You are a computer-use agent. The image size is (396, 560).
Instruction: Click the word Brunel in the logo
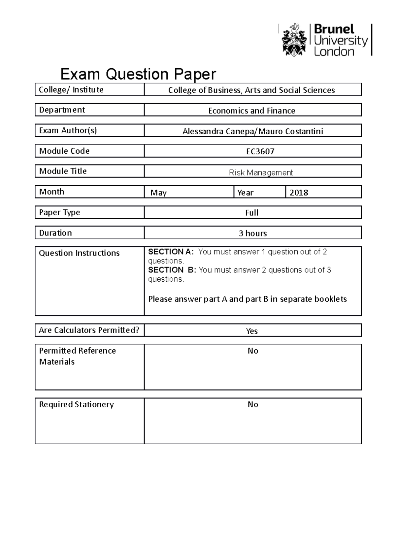click(x=334, y=29)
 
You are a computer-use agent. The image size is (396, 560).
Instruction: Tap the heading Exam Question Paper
click(x=138, y=74)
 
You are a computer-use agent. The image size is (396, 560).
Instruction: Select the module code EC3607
click(x=260, y=151)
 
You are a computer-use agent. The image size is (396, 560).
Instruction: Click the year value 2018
click(x=299, y=193)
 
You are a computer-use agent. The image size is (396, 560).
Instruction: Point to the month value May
click(x=158, y=193)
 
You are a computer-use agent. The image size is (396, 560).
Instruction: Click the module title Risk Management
click(x=261, y=172)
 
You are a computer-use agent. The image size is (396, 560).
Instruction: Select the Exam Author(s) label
click(x=68, y=131)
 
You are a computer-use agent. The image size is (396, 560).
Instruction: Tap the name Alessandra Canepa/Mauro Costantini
click(x=253, y=131)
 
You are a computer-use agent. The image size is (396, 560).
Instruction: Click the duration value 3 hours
click(x=253, y=233)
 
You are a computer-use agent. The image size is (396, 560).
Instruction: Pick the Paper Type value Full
click(x=252, y=213)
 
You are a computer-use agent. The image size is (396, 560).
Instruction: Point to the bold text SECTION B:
click(x=172, y=270)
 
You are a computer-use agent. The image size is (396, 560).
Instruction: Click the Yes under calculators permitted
click(x=252, y=331)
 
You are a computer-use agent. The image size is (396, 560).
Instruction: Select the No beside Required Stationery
click(x=253, y=405)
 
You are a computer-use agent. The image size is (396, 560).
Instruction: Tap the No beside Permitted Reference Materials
click(x=253, y=351)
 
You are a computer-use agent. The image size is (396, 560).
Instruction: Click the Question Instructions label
click(x=79, y=253)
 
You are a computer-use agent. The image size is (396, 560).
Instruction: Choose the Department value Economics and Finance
click(x=252, y=111)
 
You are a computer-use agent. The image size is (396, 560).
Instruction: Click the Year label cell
click(x=245, y=193)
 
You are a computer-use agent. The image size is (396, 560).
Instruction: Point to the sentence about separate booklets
click(x=247, y=299)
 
